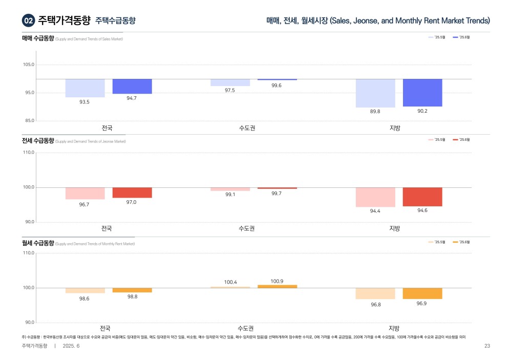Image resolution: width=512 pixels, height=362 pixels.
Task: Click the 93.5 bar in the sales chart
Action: point(85,88)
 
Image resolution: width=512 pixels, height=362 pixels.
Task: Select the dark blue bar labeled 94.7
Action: point(132,87)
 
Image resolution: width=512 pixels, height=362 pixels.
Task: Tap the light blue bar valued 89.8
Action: point(375,93)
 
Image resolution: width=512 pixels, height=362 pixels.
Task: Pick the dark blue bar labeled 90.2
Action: point(422,93)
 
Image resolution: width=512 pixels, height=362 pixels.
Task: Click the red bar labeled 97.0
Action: point(132,193)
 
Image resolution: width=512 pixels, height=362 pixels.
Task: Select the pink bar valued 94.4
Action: point(375,197)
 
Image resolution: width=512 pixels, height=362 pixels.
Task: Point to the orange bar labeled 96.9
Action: point(422,293)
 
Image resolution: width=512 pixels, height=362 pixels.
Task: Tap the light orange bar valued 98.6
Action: point(85,290)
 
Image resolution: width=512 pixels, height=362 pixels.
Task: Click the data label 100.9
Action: point(277,281)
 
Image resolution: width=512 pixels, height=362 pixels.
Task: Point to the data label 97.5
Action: point(230,90)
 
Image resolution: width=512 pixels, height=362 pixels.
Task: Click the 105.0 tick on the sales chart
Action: point(29,65)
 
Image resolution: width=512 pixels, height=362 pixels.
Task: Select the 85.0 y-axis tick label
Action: point(29,121)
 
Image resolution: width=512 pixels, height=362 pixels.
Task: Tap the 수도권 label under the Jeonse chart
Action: point(247,228)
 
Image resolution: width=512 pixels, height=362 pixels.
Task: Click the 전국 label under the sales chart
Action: point(107,128)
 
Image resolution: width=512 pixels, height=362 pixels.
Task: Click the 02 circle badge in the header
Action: point(29,20)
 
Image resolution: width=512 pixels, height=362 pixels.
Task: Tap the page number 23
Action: point(487,346)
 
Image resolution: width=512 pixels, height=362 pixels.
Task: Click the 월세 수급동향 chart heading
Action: point(38,243)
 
